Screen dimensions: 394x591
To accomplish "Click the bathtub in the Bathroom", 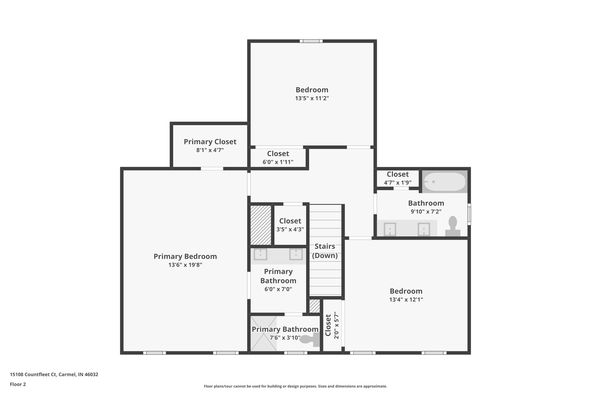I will click(x=444, y=182).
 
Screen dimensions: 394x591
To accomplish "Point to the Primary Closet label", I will click(x=210, y=142).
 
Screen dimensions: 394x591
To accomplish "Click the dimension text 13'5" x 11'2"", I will click(x=312, y=98).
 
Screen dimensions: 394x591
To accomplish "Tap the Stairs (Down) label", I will click(x=325, y=251).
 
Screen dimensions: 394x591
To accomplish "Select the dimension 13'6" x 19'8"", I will click(x=185, y=265).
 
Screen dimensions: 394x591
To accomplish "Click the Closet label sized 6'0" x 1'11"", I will click(x=278, y=154).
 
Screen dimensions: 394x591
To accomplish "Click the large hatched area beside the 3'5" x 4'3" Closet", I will click(x=261, y=225).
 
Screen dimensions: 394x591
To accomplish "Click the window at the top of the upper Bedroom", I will click(x=311, y=41).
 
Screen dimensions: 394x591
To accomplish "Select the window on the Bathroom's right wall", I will click(x=469, y=214).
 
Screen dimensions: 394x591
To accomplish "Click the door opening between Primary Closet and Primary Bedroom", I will click(x=212, y=169).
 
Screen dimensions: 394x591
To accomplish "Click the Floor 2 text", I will click(x=18, y=384).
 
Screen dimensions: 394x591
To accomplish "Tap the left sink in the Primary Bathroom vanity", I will click(x=260, y=255).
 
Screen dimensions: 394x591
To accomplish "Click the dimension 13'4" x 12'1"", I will click(x=406, y=299).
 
